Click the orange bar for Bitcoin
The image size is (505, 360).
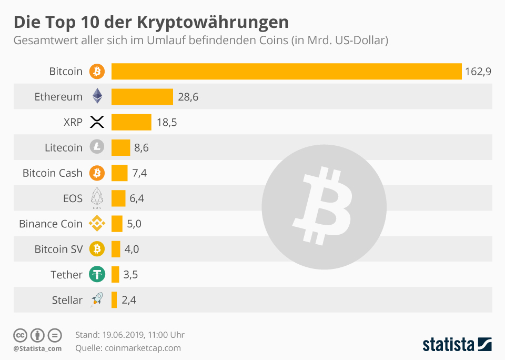[286, 72]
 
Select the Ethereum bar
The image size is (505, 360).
[142, 97]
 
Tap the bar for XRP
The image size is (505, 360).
[131, 122]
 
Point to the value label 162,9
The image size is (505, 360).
[478, 72]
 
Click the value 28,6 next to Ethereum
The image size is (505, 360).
[188, 97]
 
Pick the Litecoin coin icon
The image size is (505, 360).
[97, 147]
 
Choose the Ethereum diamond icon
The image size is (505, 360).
[97, 96]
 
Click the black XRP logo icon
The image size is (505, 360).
[97, 122]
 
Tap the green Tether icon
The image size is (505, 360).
[97, 274]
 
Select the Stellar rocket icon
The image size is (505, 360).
[97, 299]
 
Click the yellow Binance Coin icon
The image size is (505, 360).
[97, 224]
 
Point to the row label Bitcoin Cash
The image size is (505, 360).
[53, 173]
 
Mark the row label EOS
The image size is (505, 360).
[73, 198]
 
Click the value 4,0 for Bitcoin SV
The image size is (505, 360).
[132, 249]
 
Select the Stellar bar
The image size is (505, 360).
[114, 300]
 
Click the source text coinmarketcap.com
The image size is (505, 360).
[143, 348]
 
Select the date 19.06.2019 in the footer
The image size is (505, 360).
[124, 335]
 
